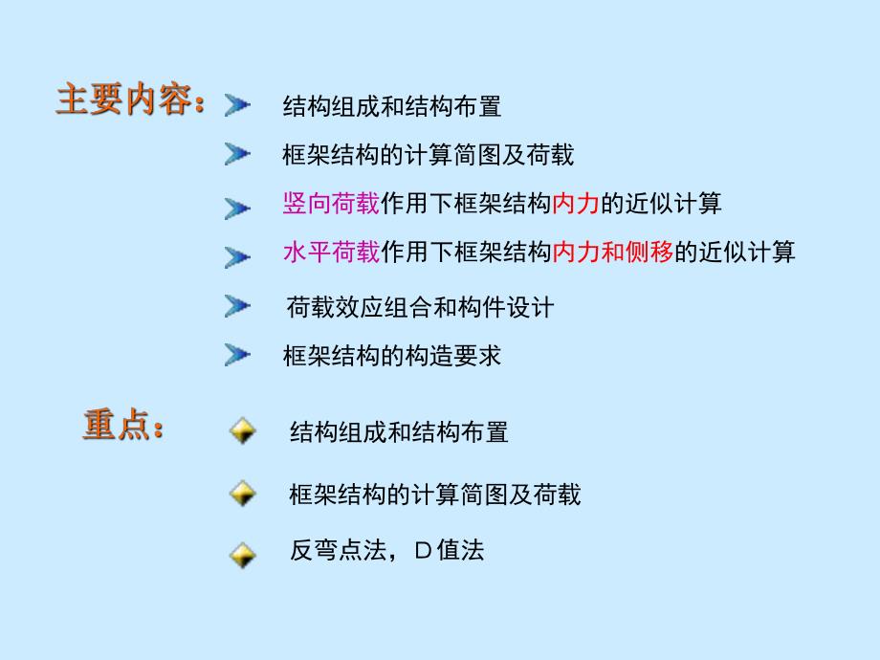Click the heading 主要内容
129,101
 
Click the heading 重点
122,427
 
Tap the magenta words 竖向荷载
331,203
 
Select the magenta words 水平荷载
331,253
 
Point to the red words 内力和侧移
613,253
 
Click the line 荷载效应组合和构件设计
420,307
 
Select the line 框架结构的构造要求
392,356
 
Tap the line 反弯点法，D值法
387,551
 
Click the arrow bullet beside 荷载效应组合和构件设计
237,306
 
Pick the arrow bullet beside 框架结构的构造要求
237,356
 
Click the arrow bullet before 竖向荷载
237,206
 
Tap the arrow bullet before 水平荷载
237,255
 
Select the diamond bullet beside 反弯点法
243,553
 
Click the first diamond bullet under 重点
243,431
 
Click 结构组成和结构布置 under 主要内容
392,105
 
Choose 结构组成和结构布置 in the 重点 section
399,431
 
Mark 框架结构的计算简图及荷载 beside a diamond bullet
434,495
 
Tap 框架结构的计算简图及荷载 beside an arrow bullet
429,153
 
